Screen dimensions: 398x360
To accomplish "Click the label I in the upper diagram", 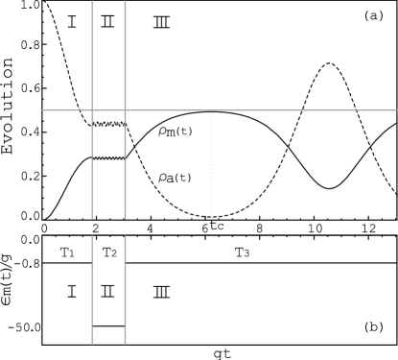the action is pos(71,22).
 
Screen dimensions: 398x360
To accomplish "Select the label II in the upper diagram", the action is pos(107,22).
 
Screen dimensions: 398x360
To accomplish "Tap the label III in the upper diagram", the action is pos(161,22).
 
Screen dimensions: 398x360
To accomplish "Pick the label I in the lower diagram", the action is pos(71,291).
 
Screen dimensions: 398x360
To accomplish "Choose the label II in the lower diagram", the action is pos(107,291).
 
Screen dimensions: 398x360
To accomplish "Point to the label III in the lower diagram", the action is pos(161,291).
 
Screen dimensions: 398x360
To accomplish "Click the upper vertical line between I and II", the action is pos(92,58).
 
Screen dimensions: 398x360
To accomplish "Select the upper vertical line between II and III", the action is pos(125,58).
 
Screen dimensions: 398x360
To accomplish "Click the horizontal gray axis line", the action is pos(249,110).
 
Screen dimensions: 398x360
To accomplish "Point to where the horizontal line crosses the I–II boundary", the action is pos(92,110).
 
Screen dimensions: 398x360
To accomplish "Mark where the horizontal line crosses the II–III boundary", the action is pos(125,110).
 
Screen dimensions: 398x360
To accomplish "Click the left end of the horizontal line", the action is pos(43,110).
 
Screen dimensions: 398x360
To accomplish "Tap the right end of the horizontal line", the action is pos(395,110).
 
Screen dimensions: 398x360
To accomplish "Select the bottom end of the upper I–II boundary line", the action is pos(92,218).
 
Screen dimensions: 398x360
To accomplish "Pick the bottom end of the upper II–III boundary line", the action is pos(125,218).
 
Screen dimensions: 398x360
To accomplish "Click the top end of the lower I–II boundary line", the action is pos(92,236).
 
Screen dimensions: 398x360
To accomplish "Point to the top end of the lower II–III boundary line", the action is pos(125,236).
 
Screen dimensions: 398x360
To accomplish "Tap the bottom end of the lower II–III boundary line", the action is pos(125,343).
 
